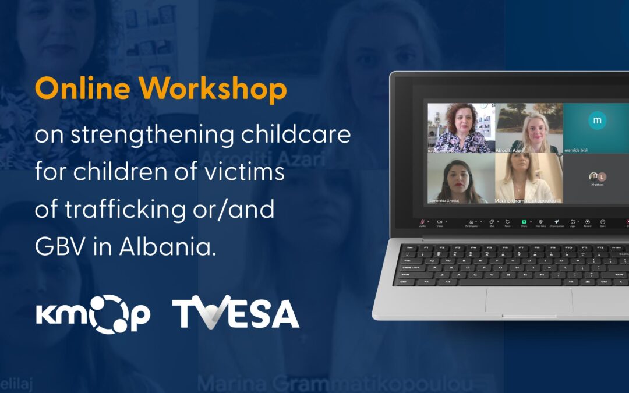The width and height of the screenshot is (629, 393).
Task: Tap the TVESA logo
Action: (x=235, y=314)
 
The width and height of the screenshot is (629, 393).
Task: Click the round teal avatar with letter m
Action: (x=596, y=121)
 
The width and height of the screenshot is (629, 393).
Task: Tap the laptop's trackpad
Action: (x=529, y=300)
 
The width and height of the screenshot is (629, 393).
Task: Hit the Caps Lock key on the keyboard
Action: (x=409, y=267)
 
